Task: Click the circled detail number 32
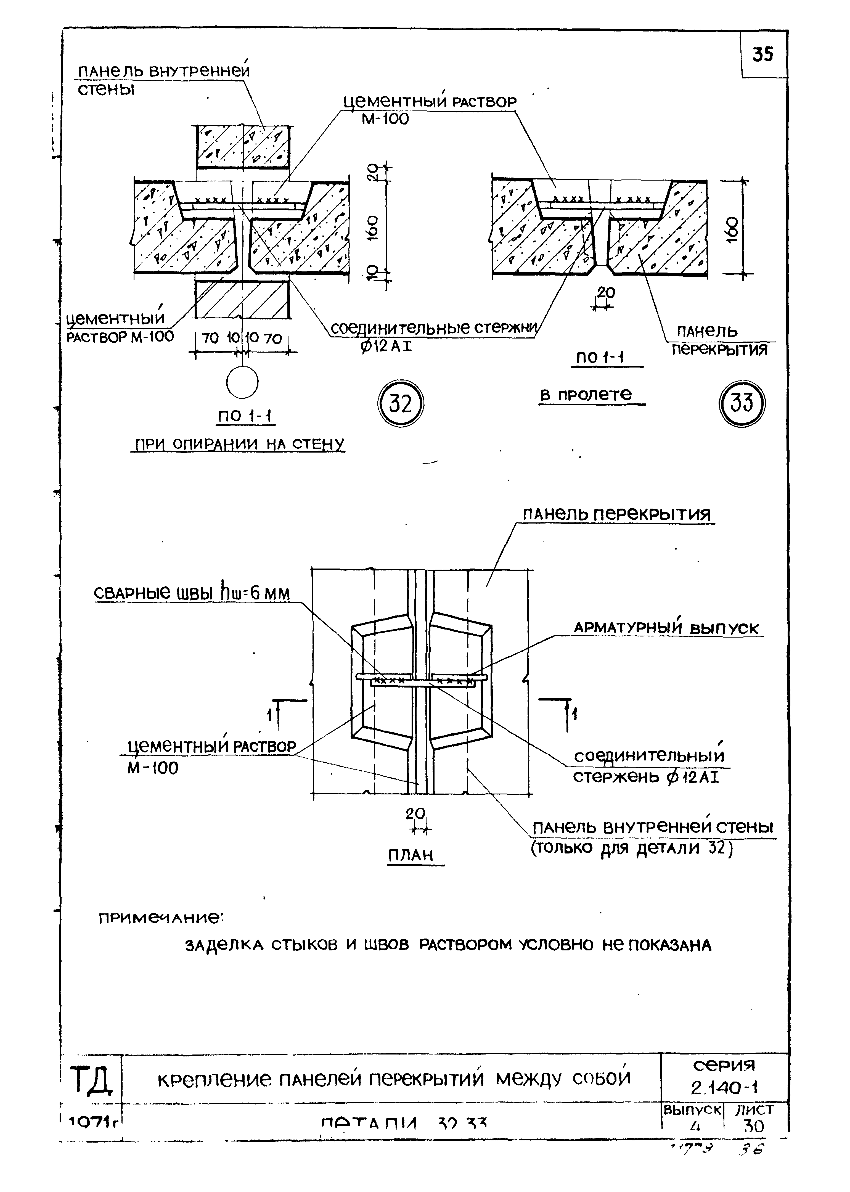click(400, 404)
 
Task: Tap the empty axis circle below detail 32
click(242, 383)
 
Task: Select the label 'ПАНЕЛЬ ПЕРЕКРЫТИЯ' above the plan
click(618, 515)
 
